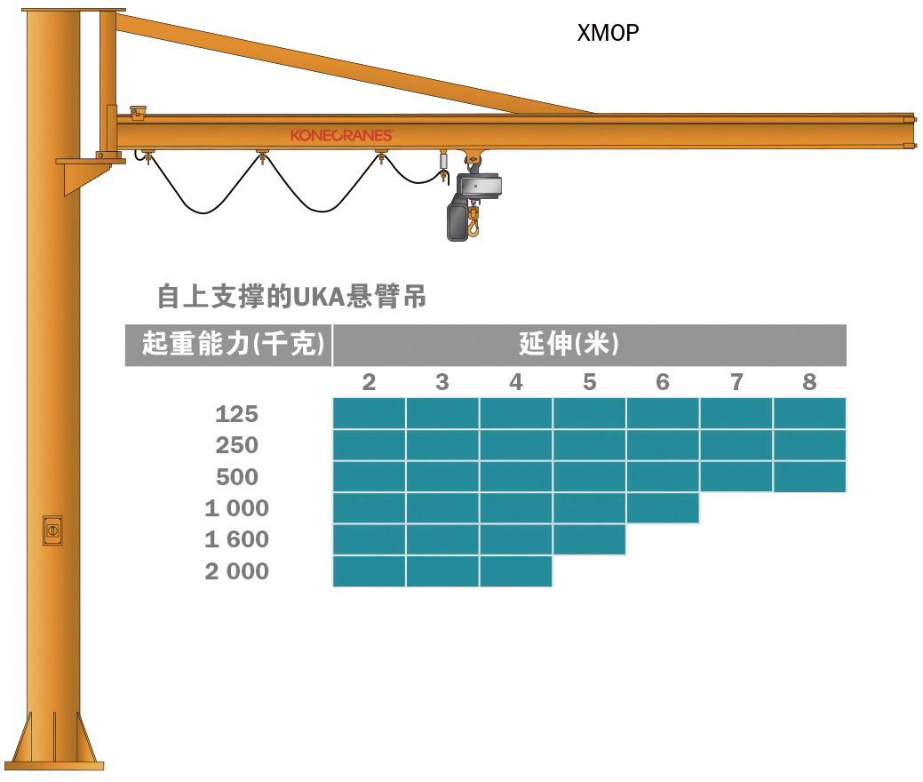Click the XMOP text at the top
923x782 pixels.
[x=608, y=34]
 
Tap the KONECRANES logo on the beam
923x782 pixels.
[x=341, y=135]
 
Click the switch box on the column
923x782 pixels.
[x=52, y=530]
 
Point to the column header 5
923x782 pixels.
[x=590, y=382]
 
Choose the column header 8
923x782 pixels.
[x=809, y=382]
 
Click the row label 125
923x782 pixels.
[x=236, y=414]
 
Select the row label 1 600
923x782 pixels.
[x=236, y=540]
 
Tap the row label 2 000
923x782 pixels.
[x=236, y=571]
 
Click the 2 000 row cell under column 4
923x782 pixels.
[x=516, y=571]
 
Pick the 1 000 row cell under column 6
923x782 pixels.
[x=663, y=508]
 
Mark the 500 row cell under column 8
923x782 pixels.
[x=809, y=477]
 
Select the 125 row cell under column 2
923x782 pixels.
[x=370, y=414]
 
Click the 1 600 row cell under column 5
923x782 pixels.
[x=590, y=540]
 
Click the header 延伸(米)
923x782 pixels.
[x=569, y=345]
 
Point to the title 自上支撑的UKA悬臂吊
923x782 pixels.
[x=291, y=297]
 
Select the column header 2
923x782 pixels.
[x=370, y=382]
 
